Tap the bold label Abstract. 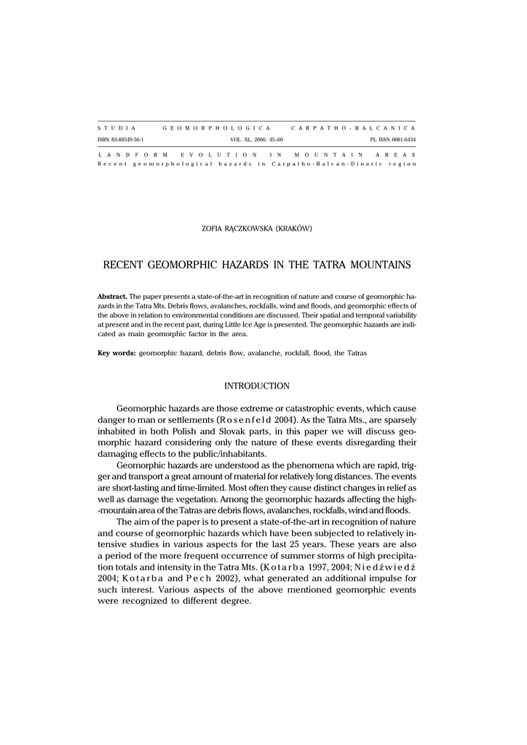point(112,298)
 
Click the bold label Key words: point(116,353)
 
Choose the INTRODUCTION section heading point(256,386)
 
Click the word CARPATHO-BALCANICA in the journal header point(353,127)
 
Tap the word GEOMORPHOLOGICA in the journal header point(217,127)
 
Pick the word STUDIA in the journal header point(117,127)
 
